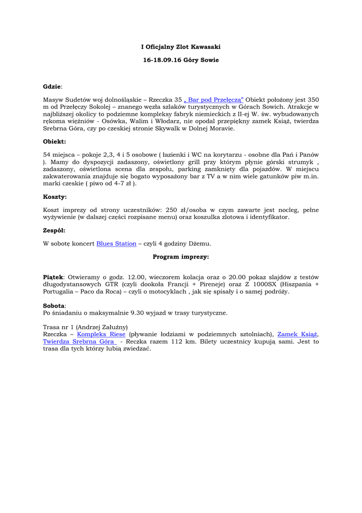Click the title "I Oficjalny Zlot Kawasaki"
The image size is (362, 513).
pos(180,47)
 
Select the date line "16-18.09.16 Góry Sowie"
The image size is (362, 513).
pos(180,60)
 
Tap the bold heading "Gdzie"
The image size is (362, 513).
pos(52,87)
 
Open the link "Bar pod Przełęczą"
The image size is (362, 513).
pos(213,100)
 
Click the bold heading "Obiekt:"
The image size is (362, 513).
pos(54,142)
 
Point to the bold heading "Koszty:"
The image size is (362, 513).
pos(54,197)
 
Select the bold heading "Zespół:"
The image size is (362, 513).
pos(54,230)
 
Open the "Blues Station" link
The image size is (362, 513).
pos(116,243)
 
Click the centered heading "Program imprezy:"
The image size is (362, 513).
pos(180,256)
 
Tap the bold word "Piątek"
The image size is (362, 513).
pos(53,277)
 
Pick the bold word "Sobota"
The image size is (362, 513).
pos(54,306)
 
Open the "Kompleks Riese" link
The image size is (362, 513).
pos(101,334)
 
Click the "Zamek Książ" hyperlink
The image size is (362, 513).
pos(297,334)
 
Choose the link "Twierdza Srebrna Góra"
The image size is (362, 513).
pos(78,341)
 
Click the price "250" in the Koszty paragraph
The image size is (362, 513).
pos(171,210)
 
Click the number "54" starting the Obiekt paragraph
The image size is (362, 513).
pos(47,155)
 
